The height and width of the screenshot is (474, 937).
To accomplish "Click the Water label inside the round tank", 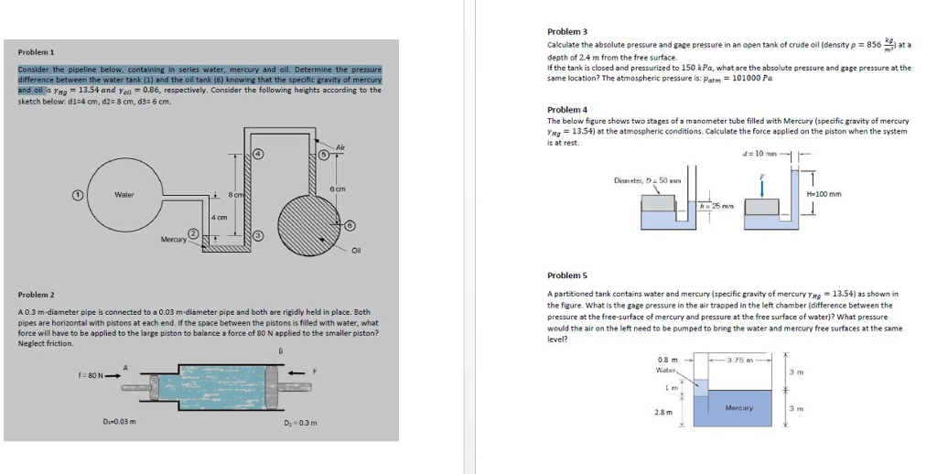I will pyautogui.click(x=124, y=194).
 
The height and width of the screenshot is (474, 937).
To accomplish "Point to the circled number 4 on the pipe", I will pyautogui.click(x=258, y=153).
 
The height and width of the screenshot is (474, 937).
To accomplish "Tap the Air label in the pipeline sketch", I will pyautogui.click(x=341, y=146).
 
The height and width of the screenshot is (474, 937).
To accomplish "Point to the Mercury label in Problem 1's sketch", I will pyautogui.click(x=173, y=239).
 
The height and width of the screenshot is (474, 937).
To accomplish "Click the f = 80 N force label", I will pyautogui.click(x=93, y=373).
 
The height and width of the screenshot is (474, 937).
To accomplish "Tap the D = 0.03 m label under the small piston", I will pyautogui.click(x=119, y=421).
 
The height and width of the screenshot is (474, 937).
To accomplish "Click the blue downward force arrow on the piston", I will pyautogui.click(x=760, y=187).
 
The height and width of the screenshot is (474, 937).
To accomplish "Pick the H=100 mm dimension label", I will pyautogui.click(x=824, y=194).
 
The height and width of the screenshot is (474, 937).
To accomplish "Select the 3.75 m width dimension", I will pyautogui.click(x=739, y=360).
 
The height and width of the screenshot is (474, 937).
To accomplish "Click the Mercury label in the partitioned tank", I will pyautogui.click(x=738, y=406).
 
